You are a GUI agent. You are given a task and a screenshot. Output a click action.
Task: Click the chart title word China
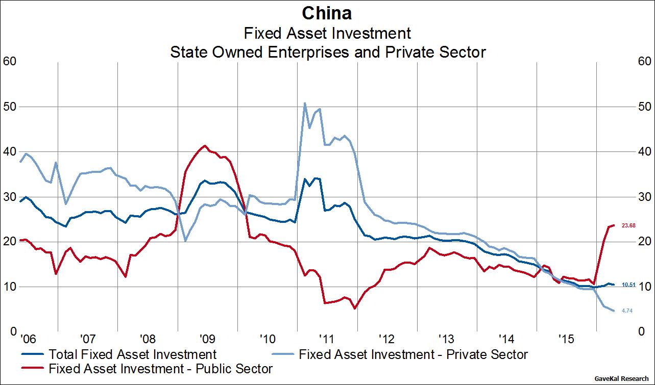[x=327, y=12]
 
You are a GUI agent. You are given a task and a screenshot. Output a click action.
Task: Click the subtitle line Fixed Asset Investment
[x=327, y=33]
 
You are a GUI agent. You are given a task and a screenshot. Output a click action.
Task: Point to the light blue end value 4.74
[x=627, y=311]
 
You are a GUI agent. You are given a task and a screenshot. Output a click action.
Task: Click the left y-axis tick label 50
[x=11, y=107]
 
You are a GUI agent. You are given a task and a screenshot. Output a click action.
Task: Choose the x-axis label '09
[x=207, y=338]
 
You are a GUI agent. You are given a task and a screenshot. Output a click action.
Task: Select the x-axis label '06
[x=28, y=338]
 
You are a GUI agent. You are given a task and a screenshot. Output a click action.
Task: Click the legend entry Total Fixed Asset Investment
[x=132, y=354]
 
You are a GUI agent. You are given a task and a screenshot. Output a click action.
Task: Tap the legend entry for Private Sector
[x=413, y=354]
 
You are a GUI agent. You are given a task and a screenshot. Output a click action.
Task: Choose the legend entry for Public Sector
[x=160, y=368]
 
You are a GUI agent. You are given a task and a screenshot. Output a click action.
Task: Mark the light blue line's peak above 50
[x=304, y=104]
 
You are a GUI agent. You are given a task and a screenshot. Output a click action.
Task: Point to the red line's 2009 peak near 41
[x=205, y=146]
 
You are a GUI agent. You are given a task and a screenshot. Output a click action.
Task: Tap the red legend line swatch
[x=33, y=368]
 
